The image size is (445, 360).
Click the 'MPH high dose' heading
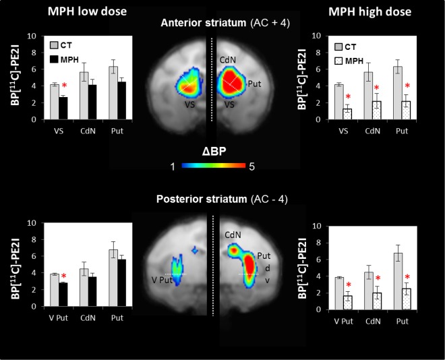378,12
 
